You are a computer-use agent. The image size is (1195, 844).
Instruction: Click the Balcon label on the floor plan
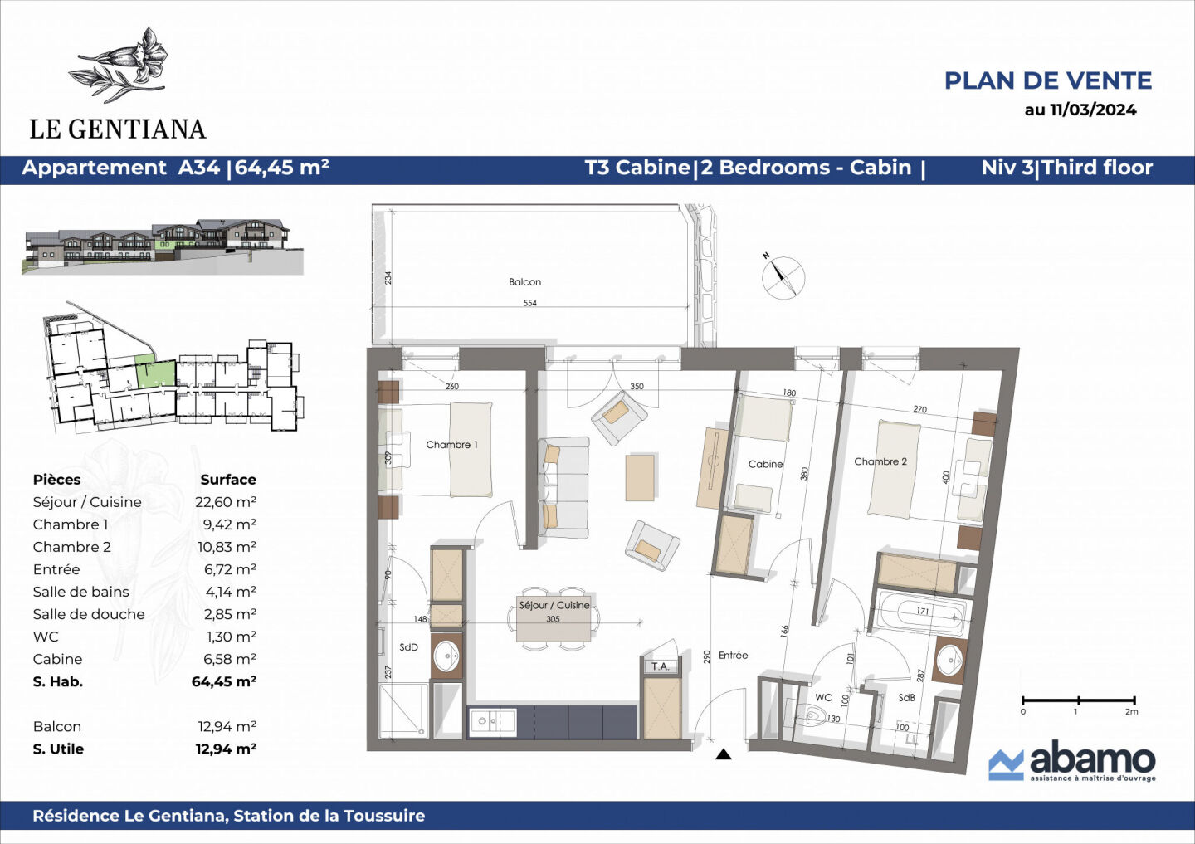[524, 281]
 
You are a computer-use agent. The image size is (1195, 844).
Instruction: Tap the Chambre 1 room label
[451, 445]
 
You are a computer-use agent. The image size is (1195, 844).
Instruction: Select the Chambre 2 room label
[880, 461]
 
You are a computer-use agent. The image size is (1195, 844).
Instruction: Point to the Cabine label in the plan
[765, 464]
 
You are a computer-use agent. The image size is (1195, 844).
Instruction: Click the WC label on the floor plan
[823, 697]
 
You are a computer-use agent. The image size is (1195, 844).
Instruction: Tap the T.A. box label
[660, 666]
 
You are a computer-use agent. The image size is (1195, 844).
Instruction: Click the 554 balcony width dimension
[529, 303]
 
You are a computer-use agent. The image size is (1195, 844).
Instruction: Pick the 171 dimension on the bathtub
[923, 612]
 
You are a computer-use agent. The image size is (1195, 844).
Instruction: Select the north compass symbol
[782, 276]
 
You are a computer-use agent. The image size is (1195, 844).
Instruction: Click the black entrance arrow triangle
[723, 754]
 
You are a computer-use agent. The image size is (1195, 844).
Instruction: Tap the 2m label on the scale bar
[1131, 712]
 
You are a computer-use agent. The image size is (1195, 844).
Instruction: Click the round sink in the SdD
[446, 656]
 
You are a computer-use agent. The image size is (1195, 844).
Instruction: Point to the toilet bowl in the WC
[815, 714]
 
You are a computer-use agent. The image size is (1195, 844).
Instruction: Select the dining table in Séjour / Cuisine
[554, 618]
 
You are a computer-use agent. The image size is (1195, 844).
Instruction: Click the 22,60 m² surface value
[225, 502]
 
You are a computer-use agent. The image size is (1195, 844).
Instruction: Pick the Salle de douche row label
[89, 614]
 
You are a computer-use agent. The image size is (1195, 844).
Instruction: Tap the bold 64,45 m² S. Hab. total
[224, 681]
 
